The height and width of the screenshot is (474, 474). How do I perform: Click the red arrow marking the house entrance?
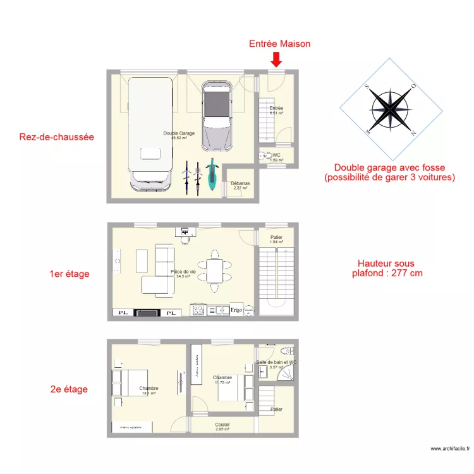click(x=276, y=59)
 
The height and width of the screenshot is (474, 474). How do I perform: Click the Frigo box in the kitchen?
click(x=236, y=310)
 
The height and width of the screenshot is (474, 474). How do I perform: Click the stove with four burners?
click(x=197, y=310)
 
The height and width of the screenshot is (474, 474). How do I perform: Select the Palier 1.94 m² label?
click(x=276, y=239)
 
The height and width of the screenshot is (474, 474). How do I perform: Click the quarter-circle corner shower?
click(x=286, y=374)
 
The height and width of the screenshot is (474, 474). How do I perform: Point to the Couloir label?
click(x=222, y=427)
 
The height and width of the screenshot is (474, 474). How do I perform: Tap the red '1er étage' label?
click(x=70, y=274)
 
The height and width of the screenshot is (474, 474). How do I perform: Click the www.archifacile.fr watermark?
click(x=450, y=449)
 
